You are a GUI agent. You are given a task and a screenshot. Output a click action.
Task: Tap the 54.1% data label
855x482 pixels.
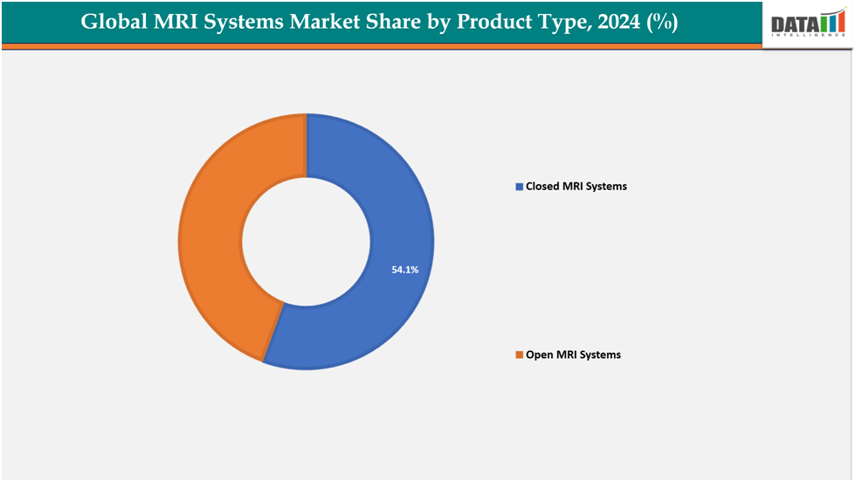pyautogui.click(x=404, y=271)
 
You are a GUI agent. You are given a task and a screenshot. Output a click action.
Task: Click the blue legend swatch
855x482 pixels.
pyautogui.click(x=519, y=187)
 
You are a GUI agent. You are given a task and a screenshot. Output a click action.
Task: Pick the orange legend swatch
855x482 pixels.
pyautogui.click(x=519, y=355)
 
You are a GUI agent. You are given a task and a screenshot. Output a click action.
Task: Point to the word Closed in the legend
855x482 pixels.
pyautogui.click(x=542, y=187)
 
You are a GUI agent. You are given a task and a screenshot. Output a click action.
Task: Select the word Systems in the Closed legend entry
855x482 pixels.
pyautogui.click(x=606, y=187)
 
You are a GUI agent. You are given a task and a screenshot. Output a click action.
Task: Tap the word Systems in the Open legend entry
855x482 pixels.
pyautogui.click(x=600, y=355)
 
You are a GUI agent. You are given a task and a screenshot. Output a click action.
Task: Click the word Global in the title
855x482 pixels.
pyautogui.click(x=113, y=23)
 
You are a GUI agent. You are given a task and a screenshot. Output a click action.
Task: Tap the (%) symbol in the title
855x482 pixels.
pyautogui.click(x=663, y=23)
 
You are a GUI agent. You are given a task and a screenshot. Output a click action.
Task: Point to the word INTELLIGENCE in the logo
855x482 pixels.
pyautogui.click(x=808, y=38)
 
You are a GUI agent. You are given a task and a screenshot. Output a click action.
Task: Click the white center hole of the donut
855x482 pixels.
pyautogui.click(x=306, y=243)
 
